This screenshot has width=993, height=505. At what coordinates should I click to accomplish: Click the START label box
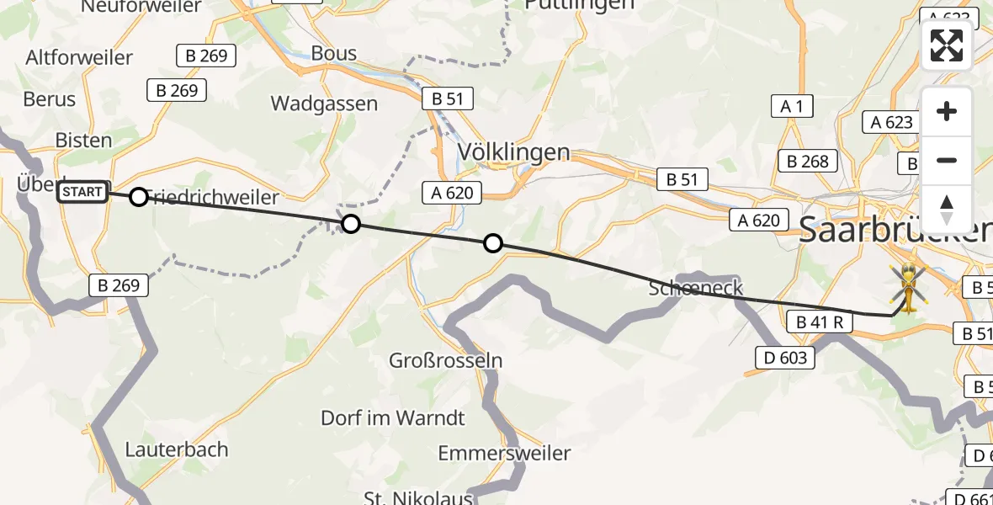click(x=82, y=193)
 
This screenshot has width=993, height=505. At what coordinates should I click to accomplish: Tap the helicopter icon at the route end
click(x=908, y=288)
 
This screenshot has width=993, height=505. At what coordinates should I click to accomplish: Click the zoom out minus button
click(x=947, y=160)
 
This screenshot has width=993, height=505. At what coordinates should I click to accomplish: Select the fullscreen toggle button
click(x=947, y=45)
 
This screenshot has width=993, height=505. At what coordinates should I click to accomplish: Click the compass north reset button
click(x=947, y=208)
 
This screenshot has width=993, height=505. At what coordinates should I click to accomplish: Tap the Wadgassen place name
click(x=324, y=104)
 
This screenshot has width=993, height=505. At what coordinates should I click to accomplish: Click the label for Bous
click(x=334, y=53)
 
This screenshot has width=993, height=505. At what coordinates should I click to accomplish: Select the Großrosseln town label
click(x=445, y=361)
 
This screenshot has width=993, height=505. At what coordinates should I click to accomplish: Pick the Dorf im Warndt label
click(x=393, y=417)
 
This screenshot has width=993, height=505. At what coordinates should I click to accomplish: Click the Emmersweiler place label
click(x=504, y=453)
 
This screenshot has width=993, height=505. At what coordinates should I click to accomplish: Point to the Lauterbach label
click(x=176, y=449)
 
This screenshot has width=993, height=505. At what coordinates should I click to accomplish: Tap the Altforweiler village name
click(x=79, y=58)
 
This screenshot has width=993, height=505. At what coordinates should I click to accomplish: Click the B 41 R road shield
click(x=820, y=322)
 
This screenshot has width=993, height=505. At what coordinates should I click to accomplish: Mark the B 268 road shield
click(x=808, y=161)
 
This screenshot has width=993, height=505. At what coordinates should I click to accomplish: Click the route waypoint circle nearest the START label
click(x=138, y=197)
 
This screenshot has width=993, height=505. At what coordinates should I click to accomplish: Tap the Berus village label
click(x=50, y=99)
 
